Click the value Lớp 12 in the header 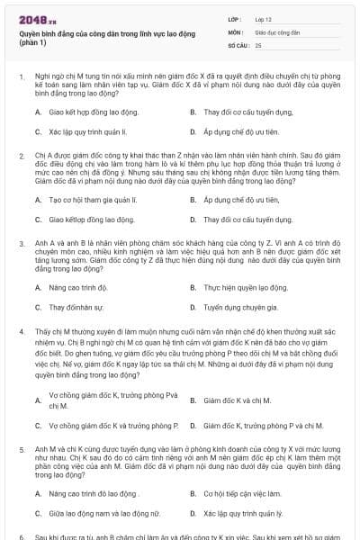click(264, 18)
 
